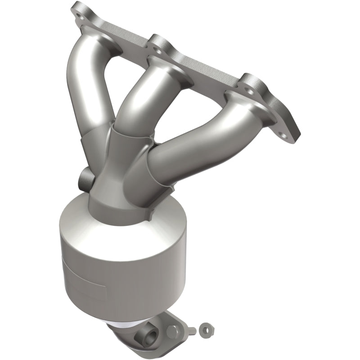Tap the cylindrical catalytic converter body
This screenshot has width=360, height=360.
click(112, 261)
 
